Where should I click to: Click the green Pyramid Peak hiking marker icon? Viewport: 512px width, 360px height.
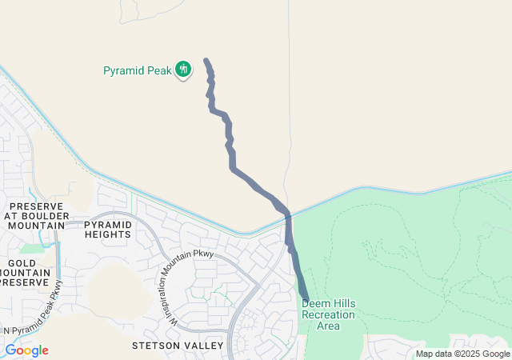click(183, 70)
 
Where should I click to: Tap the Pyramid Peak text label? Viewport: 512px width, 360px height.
click(138, 70)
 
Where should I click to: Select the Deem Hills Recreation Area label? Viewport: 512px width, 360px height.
click(328, 314)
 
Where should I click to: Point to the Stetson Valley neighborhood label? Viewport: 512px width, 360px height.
click(178, 345)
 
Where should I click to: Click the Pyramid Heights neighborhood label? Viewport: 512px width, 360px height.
click(107, 230)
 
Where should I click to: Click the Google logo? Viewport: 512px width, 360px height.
click(26, 350)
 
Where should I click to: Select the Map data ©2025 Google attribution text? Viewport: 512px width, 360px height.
click(462, 354)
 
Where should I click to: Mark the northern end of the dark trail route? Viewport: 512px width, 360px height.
click(206, 61)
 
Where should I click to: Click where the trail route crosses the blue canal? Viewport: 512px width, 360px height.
click(287, 215)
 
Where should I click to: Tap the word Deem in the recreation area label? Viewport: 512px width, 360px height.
click(315, 304)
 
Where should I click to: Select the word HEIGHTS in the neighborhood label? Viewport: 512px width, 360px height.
click(107, 234)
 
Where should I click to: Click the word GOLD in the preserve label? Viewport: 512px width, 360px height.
click(21, 262)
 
